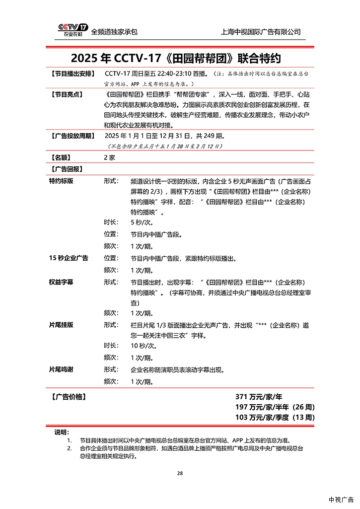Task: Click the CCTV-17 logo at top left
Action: point(72,30)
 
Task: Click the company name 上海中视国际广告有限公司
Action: point(260,32)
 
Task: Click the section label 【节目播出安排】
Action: point(71,74)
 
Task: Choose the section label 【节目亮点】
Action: point(67,94)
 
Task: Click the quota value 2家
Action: point(109,157)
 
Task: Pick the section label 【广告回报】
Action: point(67,169)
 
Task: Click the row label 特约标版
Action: point(61,181)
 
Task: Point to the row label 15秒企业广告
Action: point(69,258)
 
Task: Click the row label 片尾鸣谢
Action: point(61,370)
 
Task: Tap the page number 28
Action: point(180,473)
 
